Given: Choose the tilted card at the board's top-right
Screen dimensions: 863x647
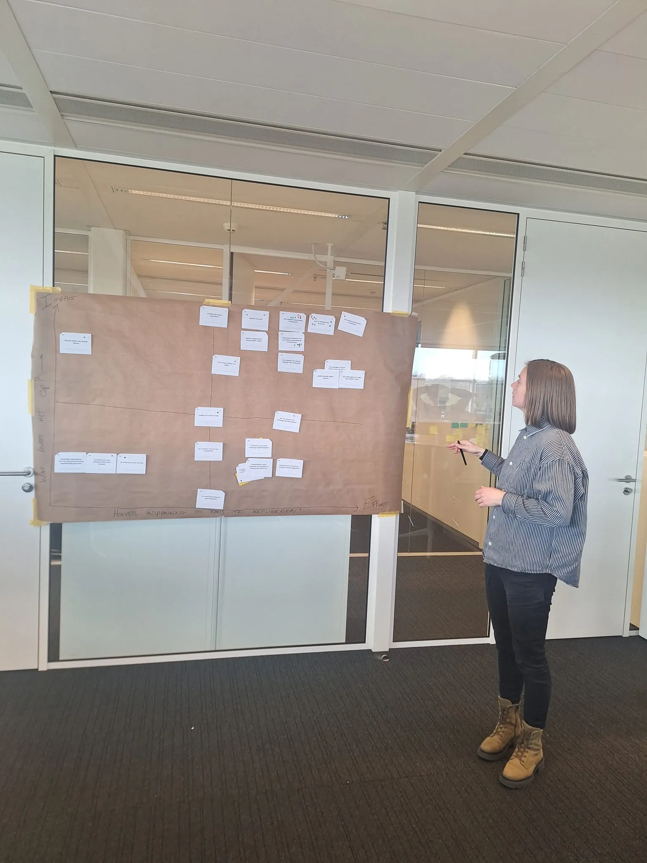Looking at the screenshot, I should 352,324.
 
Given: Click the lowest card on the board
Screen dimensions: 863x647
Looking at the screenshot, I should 210,499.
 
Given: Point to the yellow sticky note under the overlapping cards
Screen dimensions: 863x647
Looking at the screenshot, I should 241,483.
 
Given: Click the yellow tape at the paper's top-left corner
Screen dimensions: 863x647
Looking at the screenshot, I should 39,291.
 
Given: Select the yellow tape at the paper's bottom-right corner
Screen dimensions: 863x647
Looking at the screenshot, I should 388,514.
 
